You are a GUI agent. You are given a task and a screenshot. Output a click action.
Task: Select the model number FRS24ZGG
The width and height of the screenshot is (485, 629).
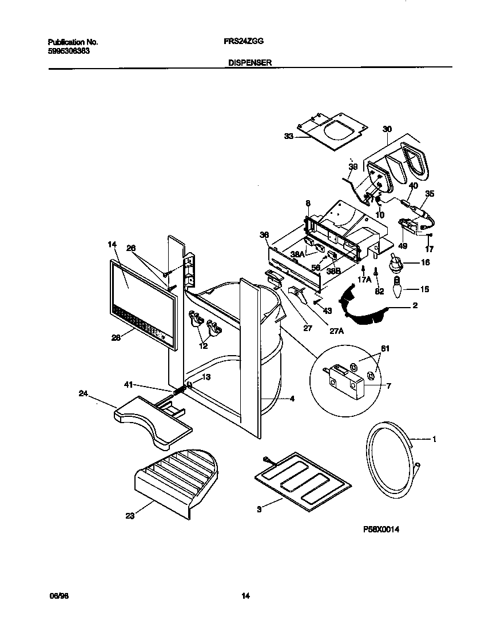[x=238, y=42]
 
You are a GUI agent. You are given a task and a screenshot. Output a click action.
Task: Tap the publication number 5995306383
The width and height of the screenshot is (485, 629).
[x=68, y=50]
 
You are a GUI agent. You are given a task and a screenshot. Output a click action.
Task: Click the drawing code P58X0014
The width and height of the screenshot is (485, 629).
[x=380, y=530]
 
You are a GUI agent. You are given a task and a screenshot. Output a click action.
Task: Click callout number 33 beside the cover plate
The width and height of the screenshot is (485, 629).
[x=288, y=136]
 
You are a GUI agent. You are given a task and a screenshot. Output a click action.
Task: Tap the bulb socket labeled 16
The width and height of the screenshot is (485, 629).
[x=395, y=264]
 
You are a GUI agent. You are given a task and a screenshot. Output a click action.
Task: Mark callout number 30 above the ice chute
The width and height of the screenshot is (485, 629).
[x=387, y=129]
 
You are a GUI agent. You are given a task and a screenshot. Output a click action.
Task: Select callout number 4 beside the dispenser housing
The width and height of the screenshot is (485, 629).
[x=292, y=399]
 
